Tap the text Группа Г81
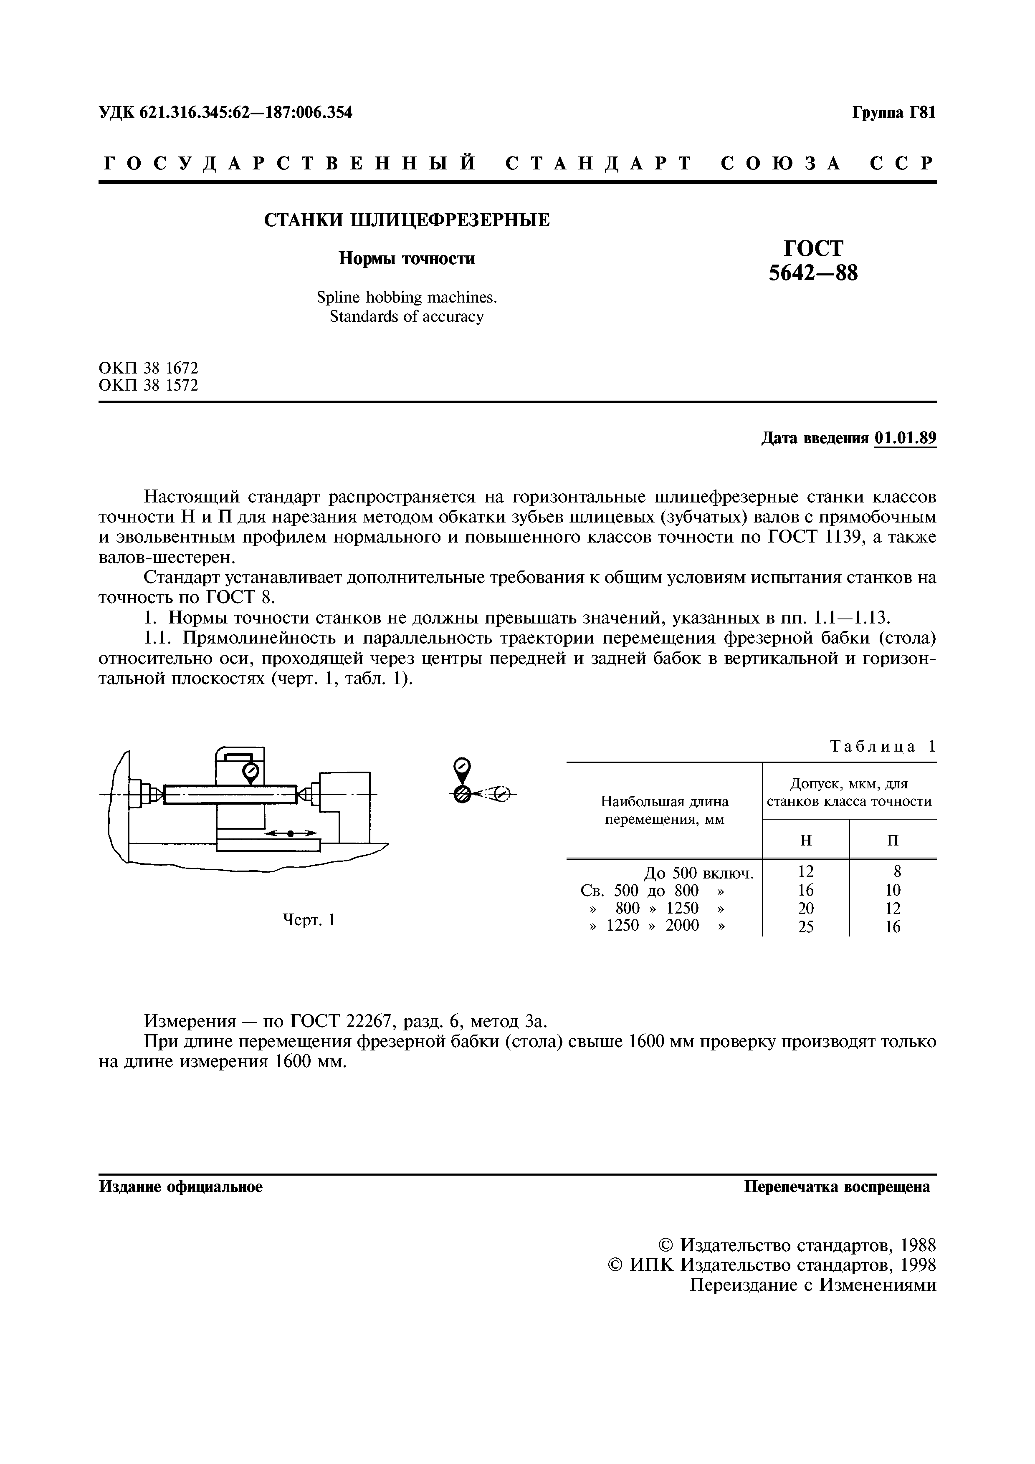(893, 113)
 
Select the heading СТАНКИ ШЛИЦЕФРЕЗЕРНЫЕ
(407, 221)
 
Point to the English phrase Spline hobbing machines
(406, 297)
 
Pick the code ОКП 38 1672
(149, 368)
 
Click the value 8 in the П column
(897, 872)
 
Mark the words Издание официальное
(181, 1186)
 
